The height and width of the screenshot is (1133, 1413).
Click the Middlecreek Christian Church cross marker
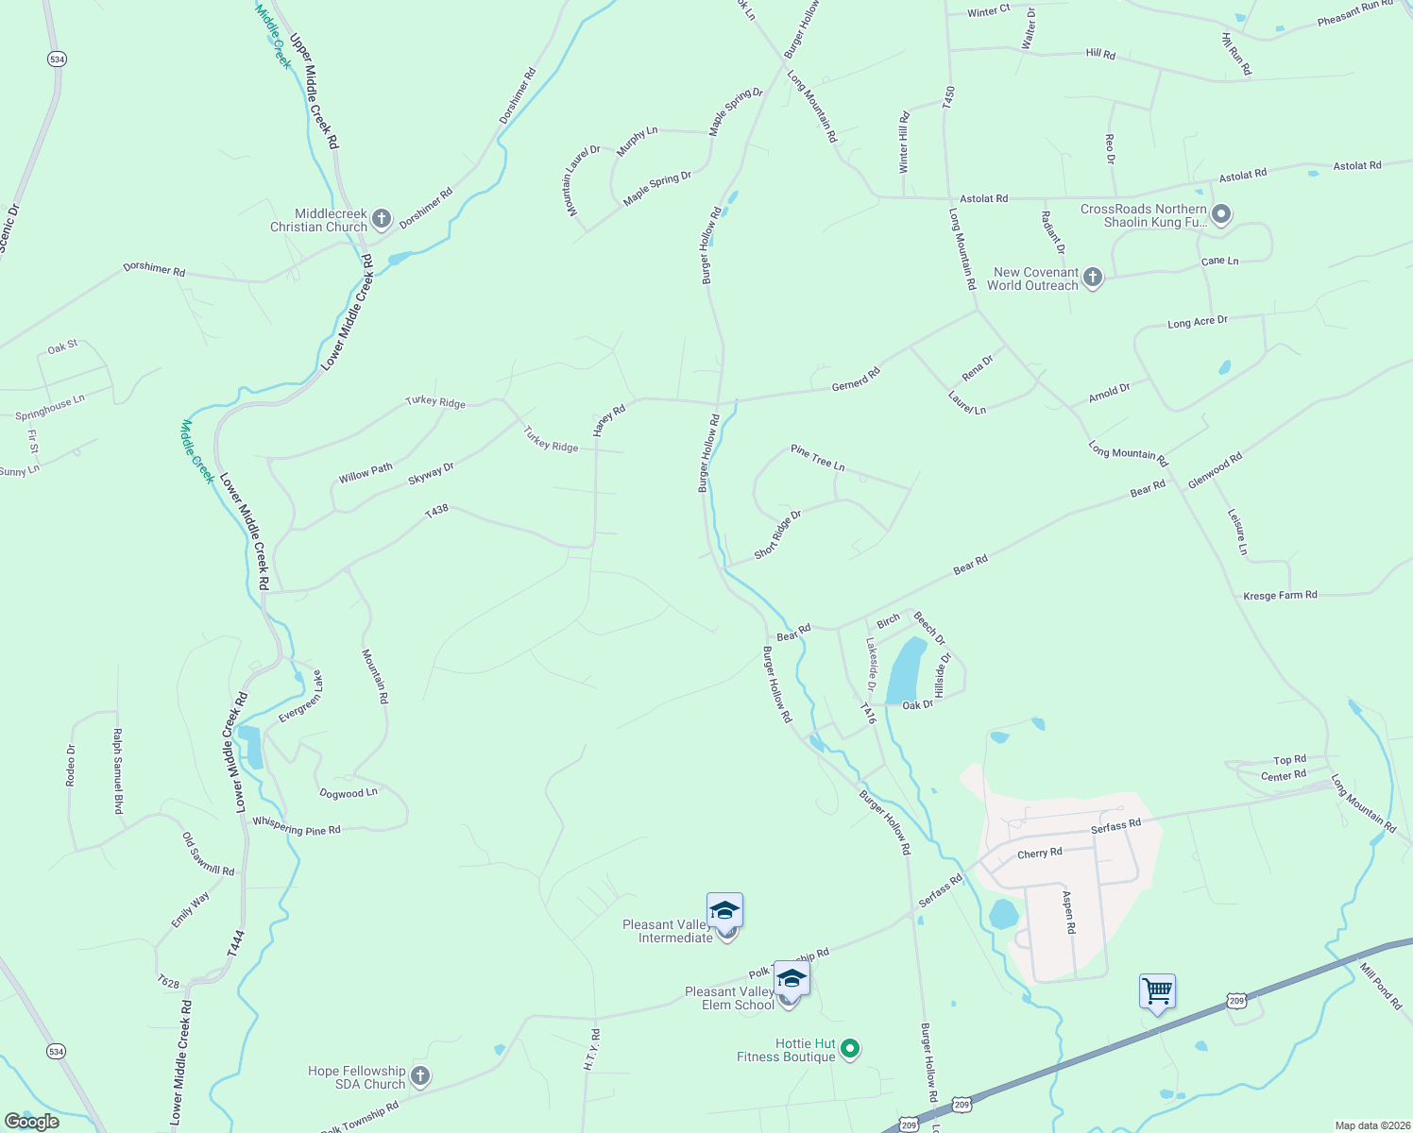[382, 220]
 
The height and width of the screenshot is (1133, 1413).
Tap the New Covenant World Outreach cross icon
[1093, 278]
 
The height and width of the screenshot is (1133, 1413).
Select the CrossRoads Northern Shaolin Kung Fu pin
[1221, 215]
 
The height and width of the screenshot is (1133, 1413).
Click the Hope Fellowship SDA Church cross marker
[420, 1076]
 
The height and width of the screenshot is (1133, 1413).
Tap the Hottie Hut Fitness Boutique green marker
[850, 1049]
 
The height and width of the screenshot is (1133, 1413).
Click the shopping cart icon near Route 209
[1157, 992]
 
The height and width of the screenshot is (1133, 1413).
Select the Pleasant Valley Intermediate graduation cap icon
[724, 912]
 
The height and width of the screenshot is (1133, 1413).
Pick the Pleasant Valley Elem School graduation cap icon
[791, 980]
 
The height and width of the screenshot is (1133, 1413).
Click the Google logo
[31, 1122]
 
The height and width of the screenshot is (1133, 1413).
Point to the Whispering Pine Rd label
[296, 826]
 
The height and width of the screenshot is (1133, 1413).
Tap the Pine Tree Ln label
[818, 458]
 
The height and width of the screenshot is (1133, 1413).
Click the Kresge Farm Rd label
[1280, 596]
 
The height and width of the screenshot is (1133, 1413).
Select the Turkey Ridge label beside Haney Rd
[551, 439]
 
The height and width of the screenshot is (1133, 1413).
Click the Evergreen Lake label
[300, 698]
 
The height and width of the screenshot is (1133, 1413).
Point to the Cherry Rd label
[1039, 854]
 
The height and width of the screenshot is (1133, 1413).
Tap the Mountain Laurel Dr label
[584, 180]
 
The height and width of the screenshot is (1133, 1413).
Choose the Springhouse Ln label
[50, 408]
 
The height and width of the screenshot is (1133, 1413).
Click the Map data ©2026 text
[1371, 1125]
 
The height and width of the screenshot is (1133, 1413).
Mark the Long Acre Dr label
[1198, 322]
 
